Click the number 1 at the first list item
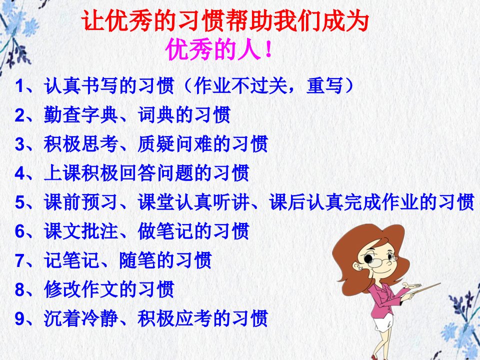[19, 86]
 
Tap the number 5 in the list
[19, 202]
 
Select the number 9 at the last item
[19, 318]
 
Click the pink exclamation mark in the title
[268, 49]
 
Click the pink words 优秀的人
[213, 49]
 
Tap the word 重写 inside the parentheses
[324, 85]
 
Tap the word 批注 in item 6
[100, 231]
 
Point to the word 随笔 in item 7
[137, 260]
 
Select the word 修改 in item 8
[62, 289]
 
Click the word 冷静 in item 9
[100, 318]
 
